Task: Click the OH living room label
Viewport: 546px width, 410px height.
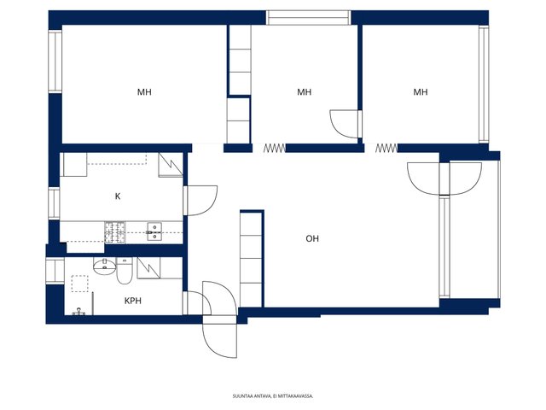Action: tap(312, 239)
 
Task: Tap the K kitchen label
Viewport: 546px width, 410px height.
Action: tap(118, 196)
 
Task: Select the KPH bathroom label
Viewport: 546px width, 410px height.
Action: tap(133, 301)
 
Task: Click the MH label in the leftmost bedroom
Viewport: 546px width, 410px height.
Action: tap(144, 92)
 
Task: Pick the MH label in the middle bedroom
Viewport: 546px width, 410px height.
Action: tap(304, 92)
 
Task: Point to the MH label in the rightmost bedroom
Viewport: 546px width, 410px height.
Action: tap(421, 92)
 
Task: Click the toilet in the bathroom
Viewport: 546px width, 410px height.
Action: tap(124, 271)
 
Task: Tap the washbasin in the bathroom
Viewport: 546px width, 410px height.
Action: tap(104, 266)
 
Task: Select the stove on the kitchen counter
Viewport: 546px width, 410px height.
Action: tap(115, 232)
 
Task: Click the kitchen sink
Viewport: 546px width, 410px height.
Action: tap(154, 231)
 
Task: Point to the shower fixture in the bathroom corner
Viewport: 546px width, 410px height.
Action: tap(78, 312)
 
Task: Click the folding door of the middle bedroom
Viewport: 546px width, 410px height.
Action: tap(275, 149)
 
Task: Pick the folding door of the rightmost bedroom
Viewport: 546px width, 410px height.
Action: tap(386, 149)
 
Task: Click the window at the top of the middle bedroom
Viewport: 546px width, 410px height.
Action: tap(309, 17)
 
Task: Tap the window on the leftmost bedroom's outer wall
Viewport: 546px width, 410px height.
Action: tap(55, 61)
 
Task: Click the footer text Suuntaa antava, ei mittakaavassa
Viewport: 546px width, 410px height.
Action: tap(273, 396)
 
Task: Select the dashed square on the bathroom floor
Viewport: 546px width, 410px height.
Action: tap(79, 284)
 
